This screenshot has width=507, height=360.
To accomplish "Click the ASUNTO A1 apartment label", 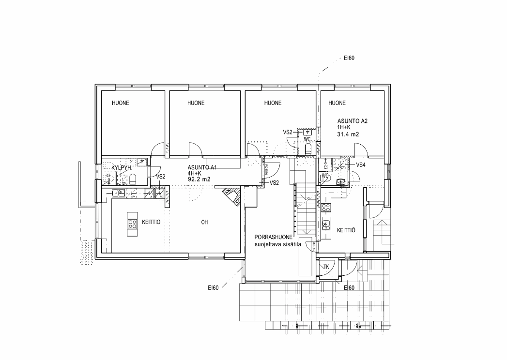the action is coord(202,167).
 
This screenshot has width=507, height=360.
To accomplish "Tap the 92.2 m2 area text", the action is coord(200,179).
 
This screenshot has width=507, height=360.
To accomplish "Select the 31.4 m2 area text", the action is coord(348,135).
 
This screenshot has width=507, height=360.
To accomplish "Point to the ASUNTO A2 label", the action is coord(352,121).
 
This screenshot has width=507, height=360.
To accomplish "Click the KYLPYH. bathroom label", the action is coord(122,167).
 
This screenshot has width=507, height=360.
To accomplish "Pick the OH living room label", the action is coord(204,223).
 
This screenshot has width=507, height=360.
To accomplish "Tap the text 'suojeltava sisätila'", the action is coord(278,245).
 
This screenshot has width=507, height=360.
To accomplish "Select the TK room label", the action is coord(326,267).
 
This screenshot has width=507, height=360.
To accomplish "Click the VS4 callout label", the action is coord(361,165).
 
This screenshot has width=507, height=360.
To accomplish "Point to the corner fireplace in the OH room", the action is coord(231,197).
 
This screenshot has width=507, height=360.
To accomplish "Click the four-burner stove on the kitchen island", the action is coord(132,224).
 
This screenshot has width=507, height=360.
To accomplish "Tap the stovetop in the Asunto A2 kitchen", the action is coord(326,209).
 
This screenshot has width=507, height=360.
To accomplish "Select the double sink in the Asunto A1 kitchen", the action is coord(118,194).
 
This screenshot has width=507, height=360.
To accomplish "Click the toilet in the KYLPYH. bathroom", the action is coord(133,180).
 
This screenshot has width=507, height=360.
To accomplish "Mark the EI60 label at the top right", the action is coord(350,59).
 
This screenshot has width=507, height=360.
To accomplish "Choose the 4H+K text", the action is coord(195,173).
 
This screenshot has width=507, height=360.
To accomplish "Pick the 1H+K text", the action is coord(344,127).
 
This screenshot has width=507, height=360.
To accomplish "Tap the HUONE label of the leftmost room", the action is coord(121,103).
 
